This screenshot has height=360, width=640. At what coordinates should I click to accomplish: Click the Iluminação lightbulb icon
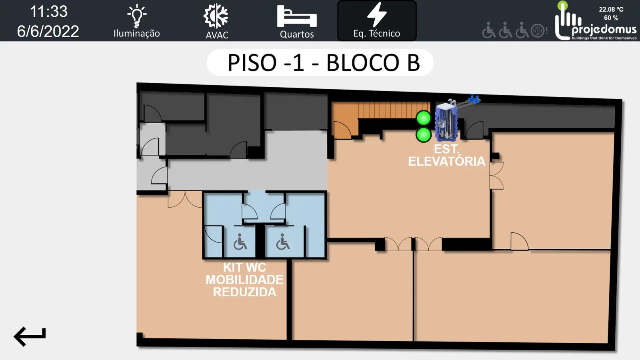tap(137, 16)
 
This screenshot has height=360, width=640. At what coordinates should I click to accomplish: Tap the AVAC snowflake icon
tap(216, 16)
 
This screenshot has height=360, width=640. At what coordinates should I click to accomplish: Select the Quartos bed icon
tap(297, 16)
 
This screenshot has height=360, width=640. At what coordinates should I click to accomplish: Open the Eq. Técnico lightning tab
tap(377, 20)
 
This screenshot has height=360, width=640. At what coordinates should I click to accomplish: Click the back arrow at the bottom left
tap(30, 336)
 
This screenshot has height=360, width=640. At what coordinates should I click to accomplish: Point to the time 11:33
tap(48, 12)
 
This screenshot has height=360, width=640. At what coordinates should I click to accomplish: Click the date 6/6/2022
tap(48, 31)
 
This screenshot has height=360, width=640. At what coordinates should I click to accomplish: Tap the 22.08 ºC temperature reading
tap(611, 10)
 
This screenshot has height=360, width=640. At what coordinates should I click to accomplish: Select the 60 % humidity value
tap(611, 18)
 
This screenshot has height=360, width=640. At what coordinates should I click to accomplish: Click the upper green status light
tap(424, 118)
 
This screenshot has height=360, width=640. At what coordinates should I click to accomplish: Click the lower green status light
tap(424, 135)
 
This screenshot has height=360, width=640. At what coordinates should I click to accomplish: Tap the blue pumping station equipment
tap(446, 122)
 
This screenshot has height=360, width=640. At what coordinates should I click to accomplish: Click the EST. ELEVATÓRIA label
tap(446, 156)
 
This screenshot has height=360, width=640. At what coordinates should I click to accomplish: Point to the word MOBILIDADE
tap(244, 280)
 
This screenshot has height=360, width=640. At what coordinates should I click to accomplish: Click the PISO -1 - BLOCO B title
tap(324, 62)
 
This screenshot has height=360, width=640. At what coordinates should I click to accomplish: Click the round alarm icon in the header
tap(537, 30)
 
